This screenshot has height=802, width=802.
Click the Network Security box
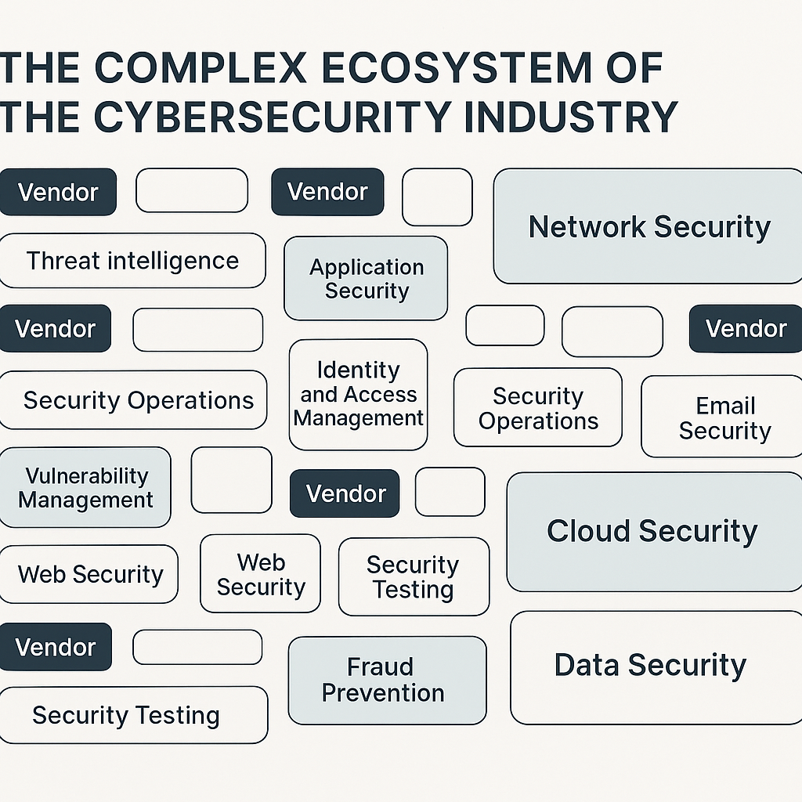[x=648, y=226]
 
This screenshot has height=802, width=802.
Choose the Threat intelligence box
[x=132, y=260]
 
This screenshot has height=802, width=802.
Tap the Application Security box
[x=366, y=279]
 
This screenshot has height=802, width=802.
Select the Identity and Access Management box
[x=359, y=394]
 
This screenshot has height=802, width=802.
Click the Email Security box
[x=724, y=417]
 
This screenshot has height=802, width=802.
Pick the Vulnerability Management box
[x=85, y=487]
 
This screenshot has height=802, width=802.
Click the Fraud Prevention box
[x=386, y=680]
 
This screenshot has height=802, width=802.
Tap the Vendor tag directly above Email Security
[x=745, y=329]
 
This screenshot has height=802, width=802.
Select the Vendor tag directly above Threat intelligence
[x=58, y=192]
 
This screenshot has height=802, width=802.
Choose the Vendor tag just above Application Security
[x=327, y=192]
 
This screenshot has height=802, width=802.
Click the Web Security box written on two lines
[x=261, y=574]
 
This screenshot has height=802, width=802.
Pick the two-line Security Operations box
[x=538, y=408]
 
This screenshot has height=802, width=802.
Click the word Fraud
[x=380, y=667]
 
